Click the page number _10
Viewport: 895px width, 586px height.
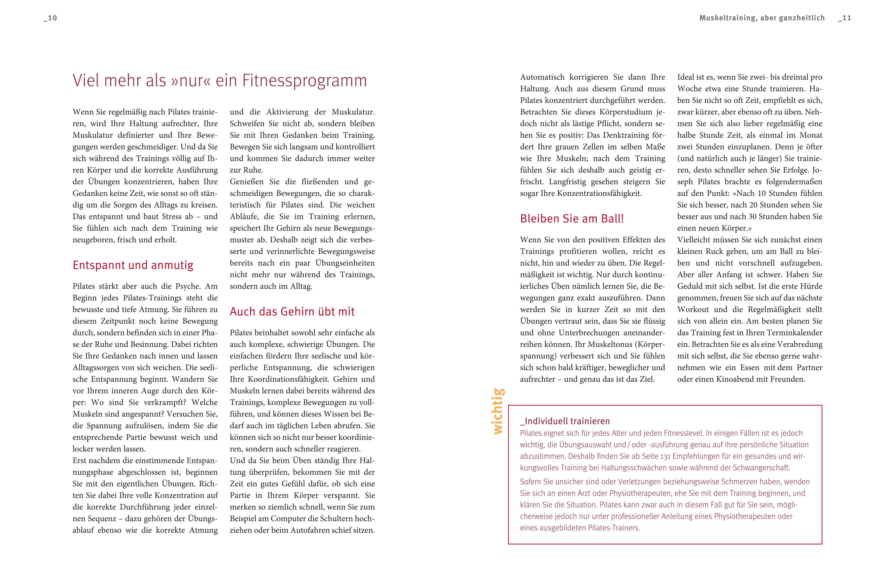(50, 18)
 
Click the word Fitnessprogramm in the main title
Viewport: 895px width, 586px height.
(304, 81)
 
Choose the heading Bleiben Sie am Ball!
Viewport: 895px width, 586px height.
(572, 219)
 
